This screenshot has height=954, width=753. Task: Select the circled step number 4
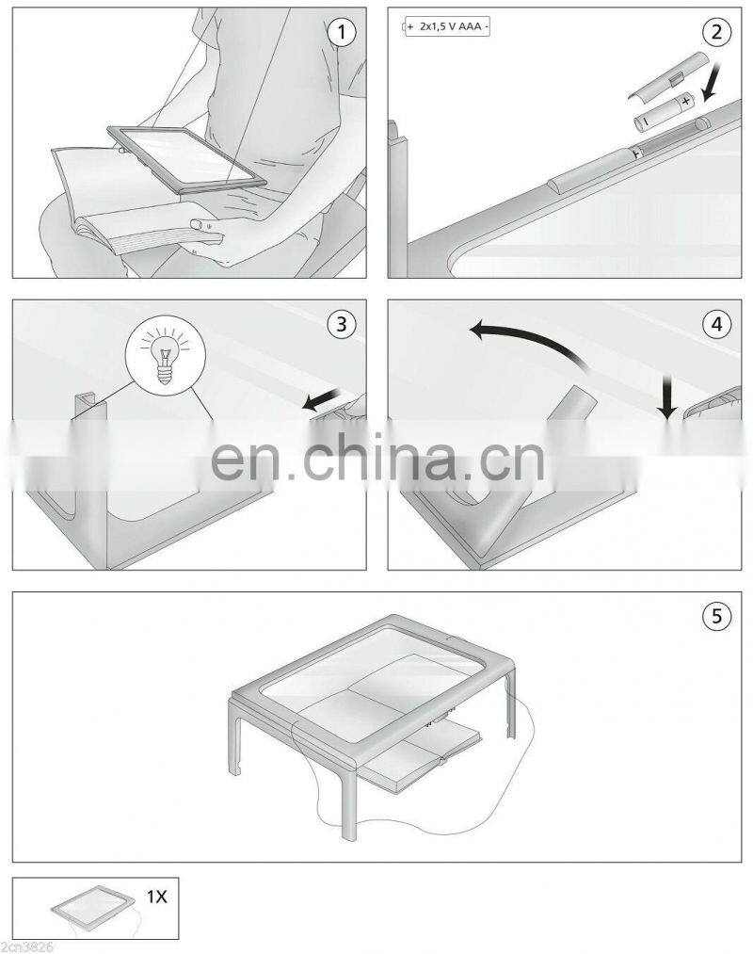717,324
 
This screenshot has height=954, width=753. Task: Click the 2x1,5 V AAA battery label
447,28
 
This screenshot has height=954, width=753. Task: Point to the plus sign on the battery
686,98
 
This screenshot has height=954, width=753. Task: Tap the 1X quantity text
155,897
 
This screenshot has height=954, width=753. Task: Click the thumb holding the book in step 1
200,224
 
